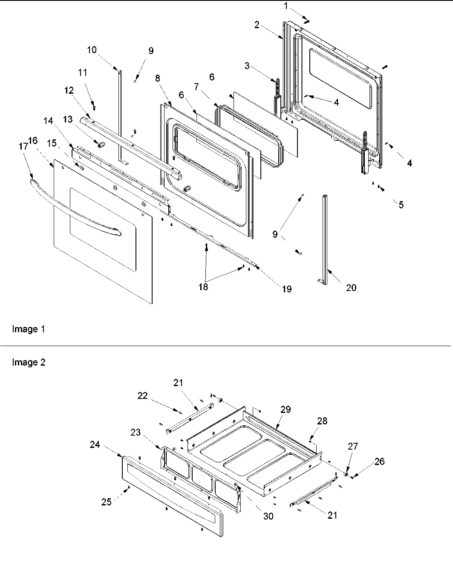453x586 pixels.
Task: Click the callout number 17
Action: pos(23,146)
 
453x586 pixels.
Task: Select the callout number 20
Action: pos(351,288)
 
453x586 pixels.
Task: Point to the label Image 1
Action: pos(29,329)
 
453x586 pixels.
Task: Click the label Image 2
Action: pos(29,362)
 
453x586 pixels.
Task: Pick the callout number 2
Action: pos(257,25)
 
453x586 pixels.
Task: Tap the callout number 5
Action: pos(401,205)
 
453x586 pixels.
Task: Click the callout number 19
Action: pos(286,289)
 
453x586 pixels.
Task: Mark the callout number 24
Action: pos(95,445)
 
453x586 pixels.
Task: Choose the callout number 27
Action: pos(352,446)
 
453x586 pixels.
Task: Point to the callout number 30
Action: pos(268,516)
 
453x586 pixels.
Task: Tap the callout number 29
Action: pos(286,409)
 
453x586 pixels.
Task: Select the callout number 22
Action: pos(142,395)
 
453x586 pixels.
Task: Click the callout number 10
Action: pos(92,50)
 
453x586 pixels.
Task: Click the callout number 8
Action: pos(158,78)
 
